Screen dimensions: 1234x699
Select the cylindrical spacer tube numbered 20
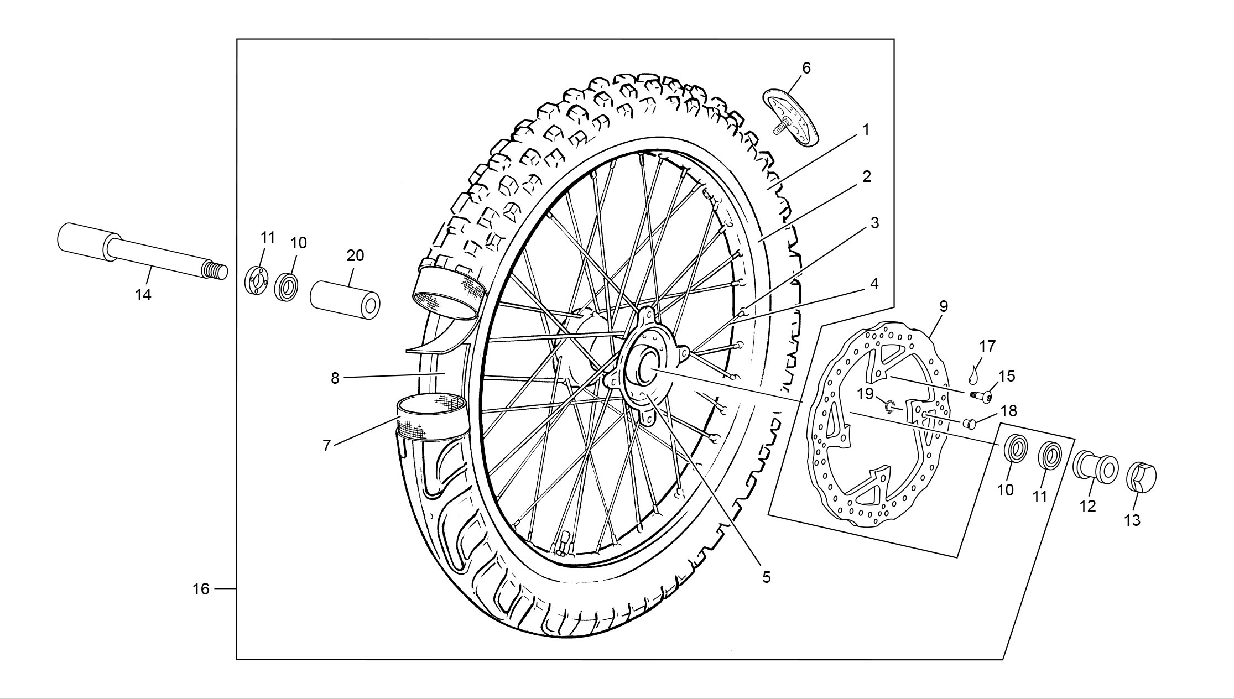346,299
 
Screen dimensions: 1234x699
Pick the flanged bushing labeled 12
1096,466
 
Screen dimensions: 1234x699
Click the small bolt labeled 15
980,395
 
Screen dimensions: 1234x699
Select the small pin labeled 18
970,424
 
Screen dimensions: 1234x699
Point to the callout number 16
201,589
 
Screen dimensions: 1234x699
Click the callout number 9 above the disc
943,306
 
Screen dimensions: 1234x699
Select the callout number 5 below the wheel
766,577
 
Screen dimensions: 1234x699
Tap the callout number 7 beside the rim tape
326,446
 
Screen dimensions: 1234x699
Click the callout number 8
335,378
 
